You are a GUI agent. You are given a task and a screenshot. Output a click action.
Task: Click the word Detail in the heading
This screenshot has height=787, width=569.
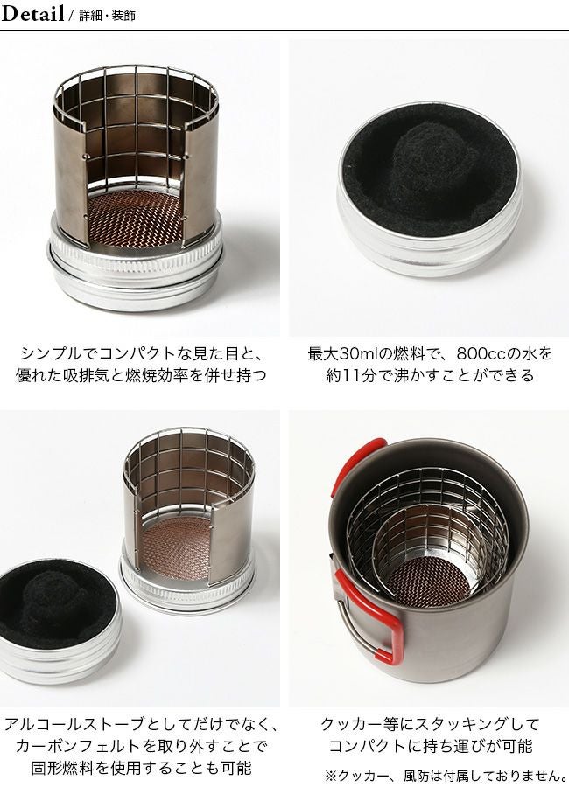pyautogui.click(x=32, y=15)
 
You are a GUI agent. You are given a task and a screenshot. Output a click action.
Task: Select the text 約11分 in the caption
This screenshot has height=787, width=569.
pyautogui.click(x=336, y=377)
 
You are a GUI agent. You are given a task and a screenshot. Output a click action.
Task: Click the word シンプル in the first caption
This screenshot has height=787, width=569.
pyautogui.click(x=49, y=354)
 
